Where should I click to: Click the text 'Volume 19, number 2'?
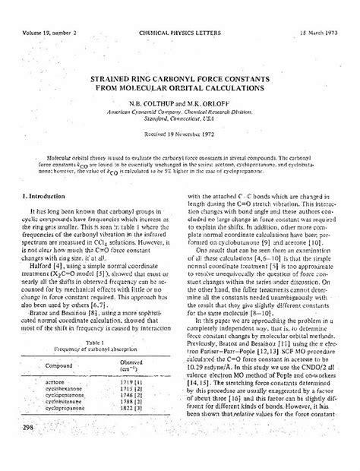pos(46,13)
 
